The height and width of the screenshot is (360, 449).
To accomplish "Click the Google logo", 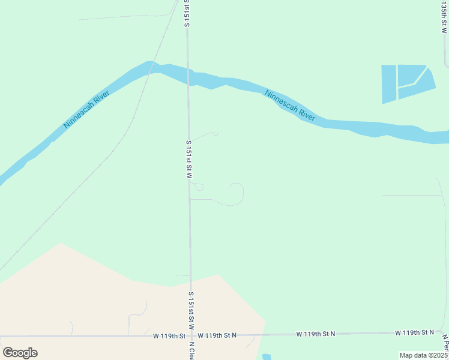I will (x=20, y=353).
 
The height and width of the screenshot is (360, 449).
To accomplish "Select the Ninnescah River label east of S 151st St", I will (x=290, y=106).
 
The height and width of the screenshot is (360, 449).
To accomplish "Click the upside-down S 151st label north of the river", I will (x=187, y=14).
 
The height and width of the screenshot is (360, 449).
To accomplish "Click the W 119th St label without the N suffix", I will (x=169, y=336).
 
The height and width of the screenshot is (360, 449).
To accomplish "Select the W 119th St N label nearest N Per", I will (x=414, y=332).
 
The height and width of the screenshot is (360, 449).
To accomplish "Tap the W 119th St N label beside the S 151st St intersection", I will (x=217, y=335).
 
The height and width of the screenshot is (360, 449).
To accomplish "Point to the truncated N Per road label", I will (x=445, y=344).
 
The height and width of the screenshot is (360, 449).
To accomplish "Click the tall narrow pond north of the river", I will (x=389, y=84).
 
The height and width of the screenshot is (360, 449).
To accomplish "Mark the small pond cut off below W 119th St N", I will (x=267, y=357).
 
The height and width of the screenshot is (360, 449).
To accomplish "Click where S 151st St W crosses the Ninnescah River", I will (x=188, y=77).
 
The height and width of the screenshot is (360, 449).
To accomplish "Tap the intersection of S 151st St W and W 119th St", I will (x=191, y=336).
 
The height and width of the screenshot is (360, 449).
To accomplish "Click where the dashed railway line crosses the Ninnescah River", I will (x=155, y=65).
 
